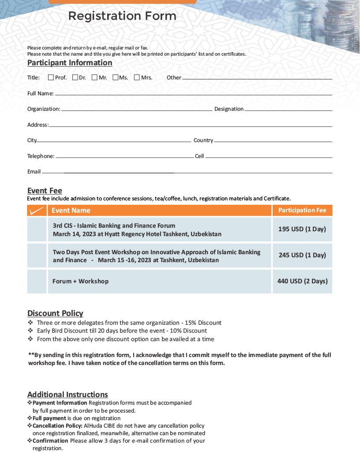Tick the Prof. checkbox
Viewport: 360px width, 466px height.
[x=51, y=78]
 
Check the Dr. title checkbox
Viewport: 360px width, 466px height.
[x=75, y=78]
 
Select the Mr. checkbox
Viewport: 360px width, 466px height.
[x=94, y=78]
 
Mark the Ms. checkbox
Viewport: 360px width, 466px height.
[x=115, y=78]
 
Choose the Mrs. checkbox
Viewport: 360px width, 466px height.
[x=137, y=78]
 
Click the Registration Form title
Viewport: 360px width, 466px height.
[x=122, y=16]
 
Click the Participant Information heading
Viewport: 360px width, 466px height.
[x=70, y=63]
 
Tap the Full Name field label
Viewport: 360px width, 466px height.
[x=40, y=94]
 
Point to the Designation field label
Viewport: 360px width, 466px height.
[x=229, y=109]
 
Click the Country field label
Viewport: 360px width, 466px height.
[x=203, y=140]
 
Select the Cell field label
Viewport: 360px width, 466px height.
[x=199, y=156]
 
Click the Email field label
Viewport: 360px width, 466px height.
[x=34, y=172]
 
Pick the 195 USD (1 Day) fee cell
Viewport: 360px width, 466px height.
[x=302, y=229]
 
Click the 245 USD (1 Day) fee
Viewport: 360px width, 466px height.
[x=302, y=255]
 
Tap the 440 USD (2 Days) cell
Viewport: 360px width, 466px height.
[x=302, y=281]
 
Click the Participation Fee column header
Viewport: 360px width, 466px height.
[x=302, y=210]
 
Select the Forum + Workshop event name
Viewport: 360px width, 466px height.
[x=80, y=281]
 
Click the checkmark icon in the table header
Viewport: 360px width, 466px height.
[x=37, y=210]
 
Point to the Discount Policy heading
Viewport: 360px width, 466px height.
[x=55, y=313]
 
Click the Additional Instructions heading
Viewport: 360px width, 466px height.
[x=67, y=395]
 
